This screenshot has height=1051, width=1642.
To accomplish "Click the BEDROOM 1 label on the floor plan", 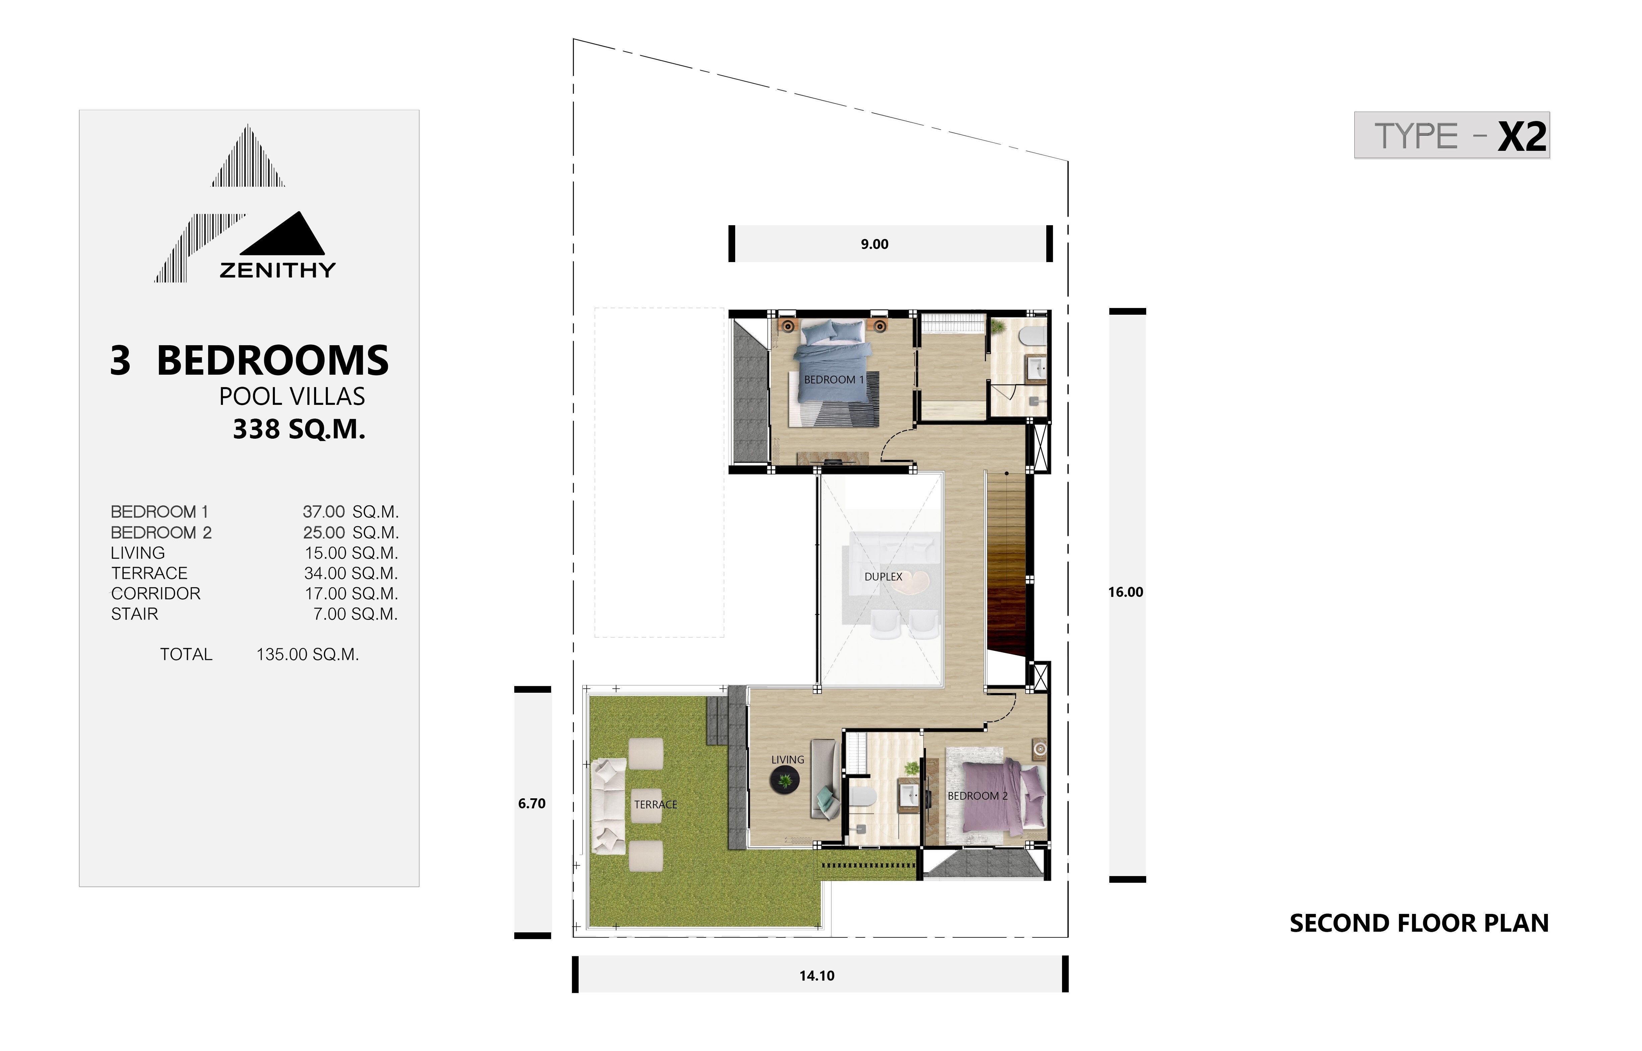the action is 833,379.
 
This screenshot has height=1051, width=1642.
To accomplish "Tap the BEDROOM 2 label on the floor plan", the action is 977,796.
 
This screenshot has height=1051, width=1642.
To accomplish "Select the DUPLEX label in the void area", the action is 883,577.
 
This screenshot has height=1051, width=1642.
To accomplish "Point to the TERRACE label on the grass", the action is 655,805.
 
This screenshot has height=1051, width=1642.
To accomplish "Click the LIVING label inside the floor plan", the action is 787,759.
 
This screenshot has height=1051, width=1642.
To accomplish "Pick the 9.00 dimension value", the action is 874,244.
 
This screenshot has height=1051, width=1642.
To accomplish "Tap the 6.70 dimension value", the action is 532,803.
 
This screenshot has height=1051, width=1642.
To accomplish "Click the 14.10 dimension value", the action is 817,976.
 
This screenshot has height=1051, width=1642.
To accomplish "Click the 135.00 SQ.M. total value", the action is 307,655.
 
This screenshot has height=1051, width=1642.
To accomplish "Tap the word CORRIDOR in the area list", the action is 156,594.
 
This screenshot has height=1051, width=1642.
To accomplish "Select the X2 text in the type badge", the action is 1522,136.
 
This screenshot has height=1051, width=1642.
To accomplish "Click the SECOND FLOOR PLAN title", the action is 1419,923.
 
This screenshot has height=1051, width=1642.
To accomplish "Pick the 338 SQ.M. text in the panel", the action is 299,429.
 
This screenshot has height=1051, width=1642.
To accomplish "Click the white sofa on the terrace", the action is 609,806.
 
